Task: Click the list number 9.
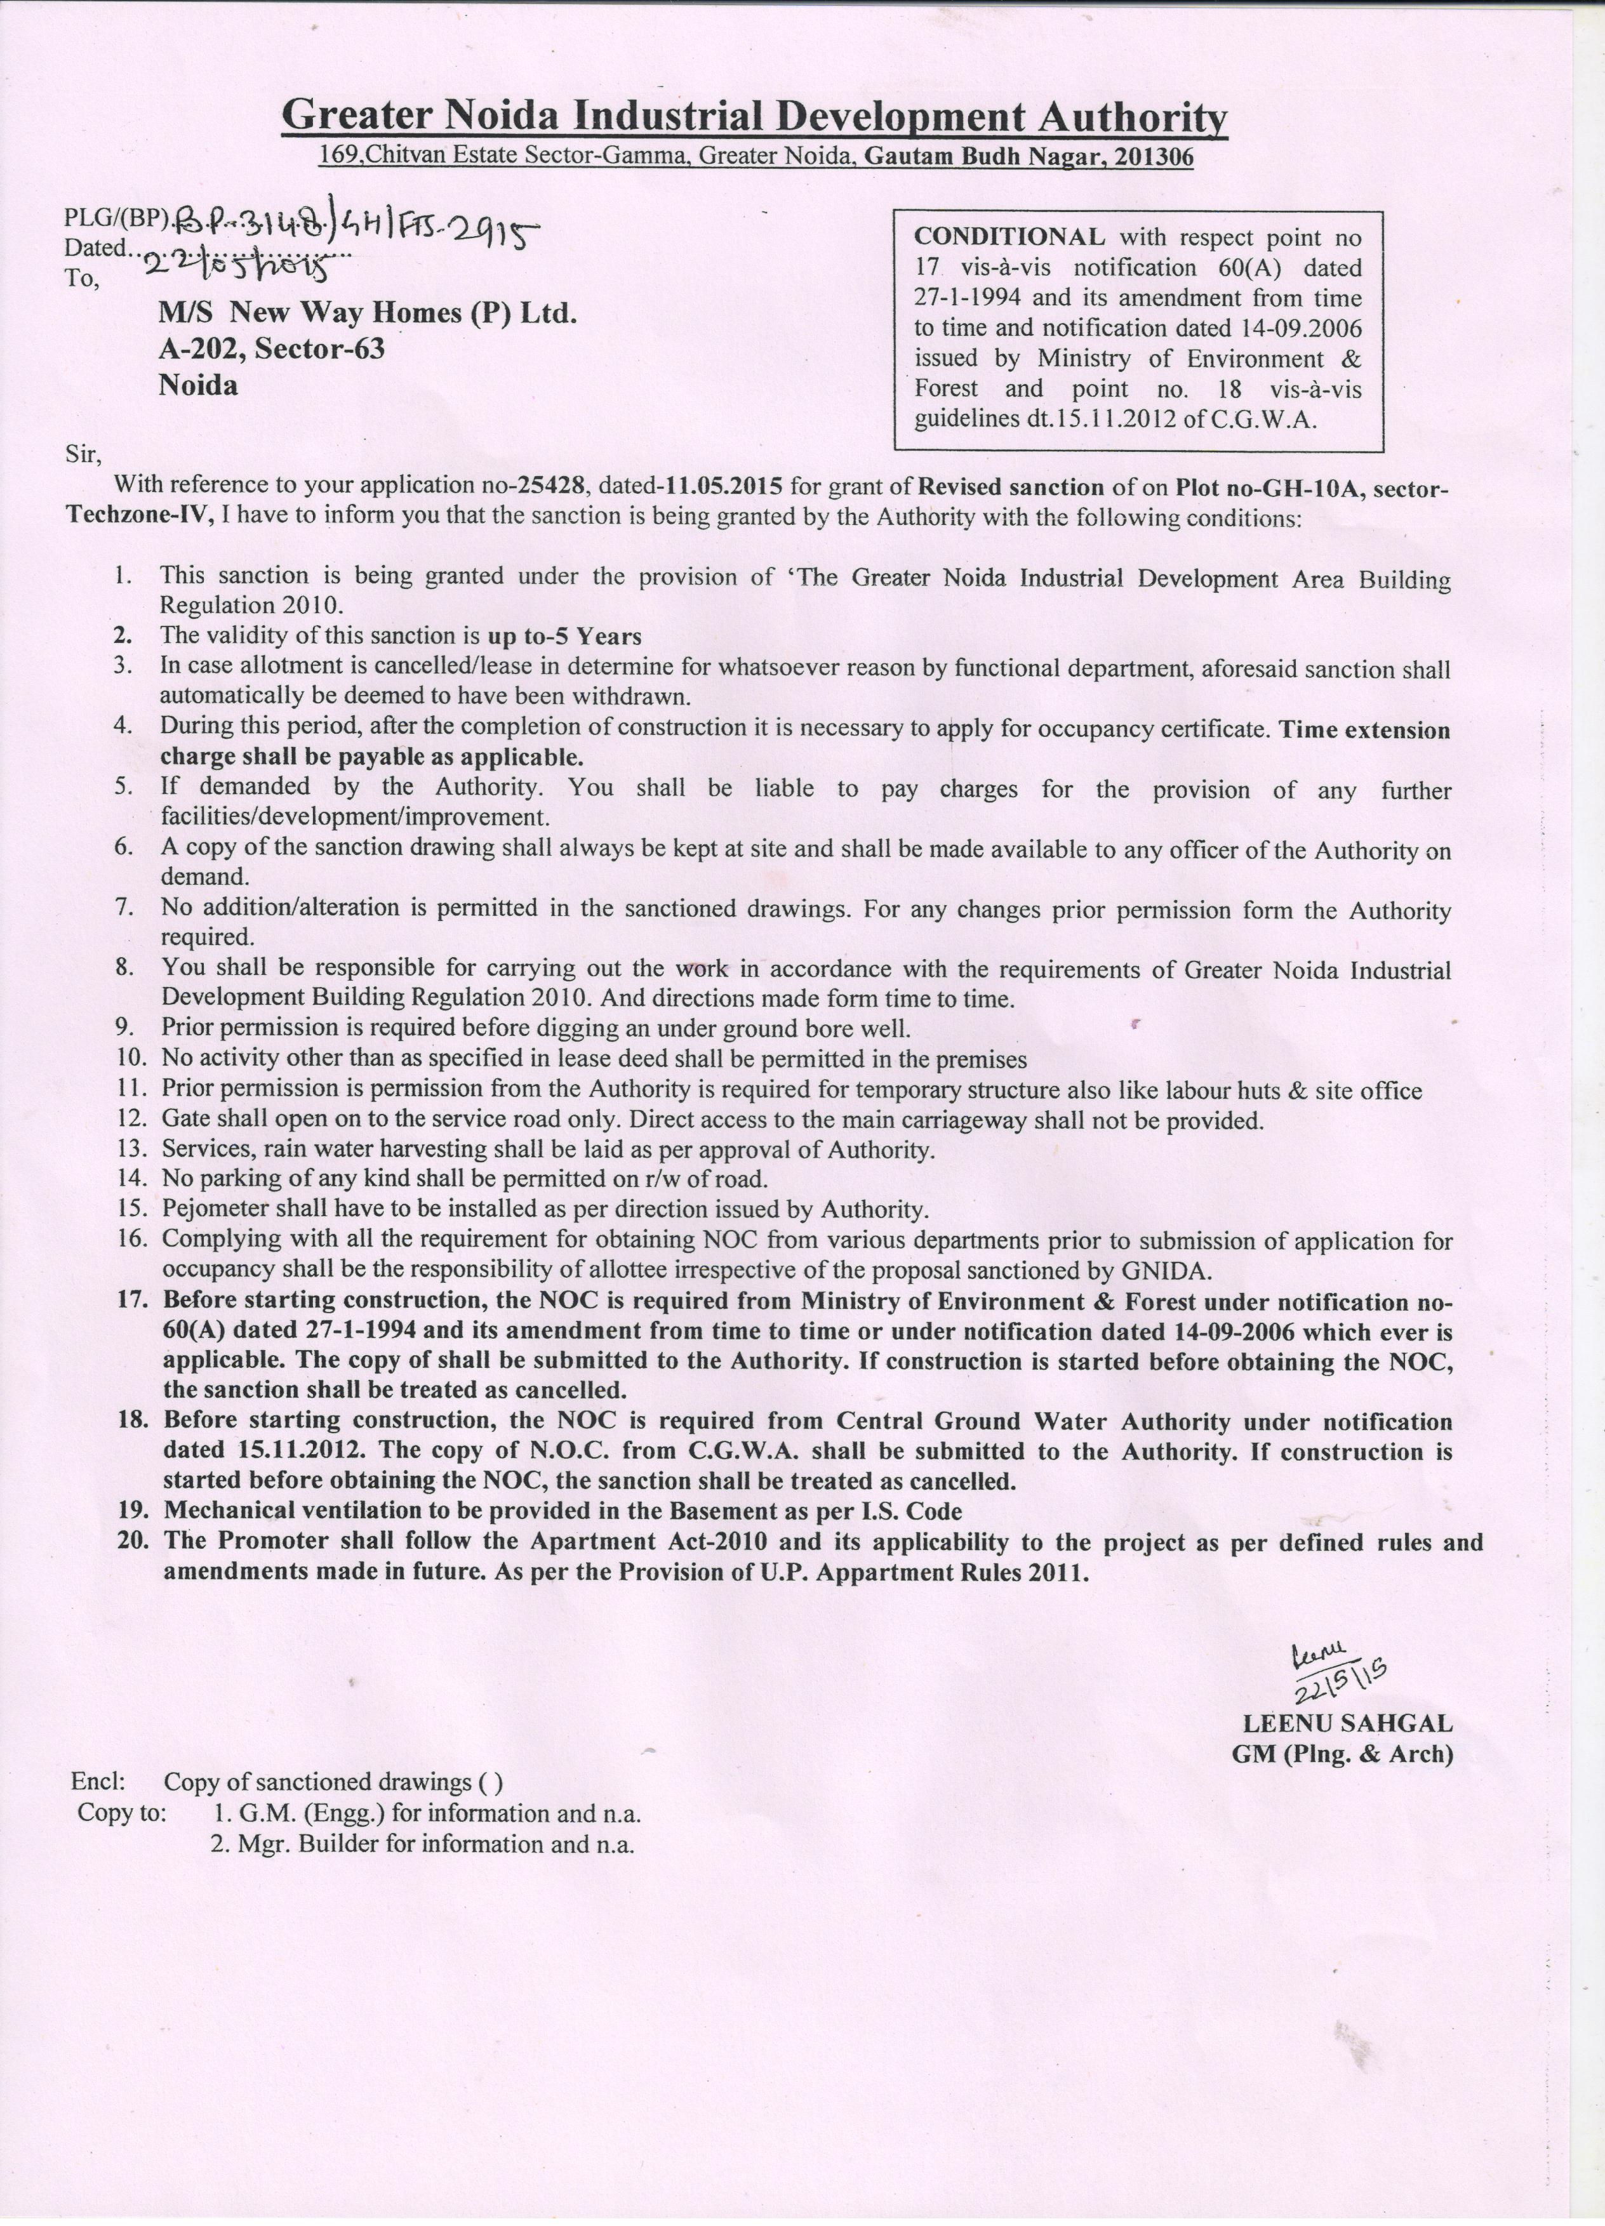tap(124, 1029)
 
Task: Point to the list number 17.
tap(131, 1301)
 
